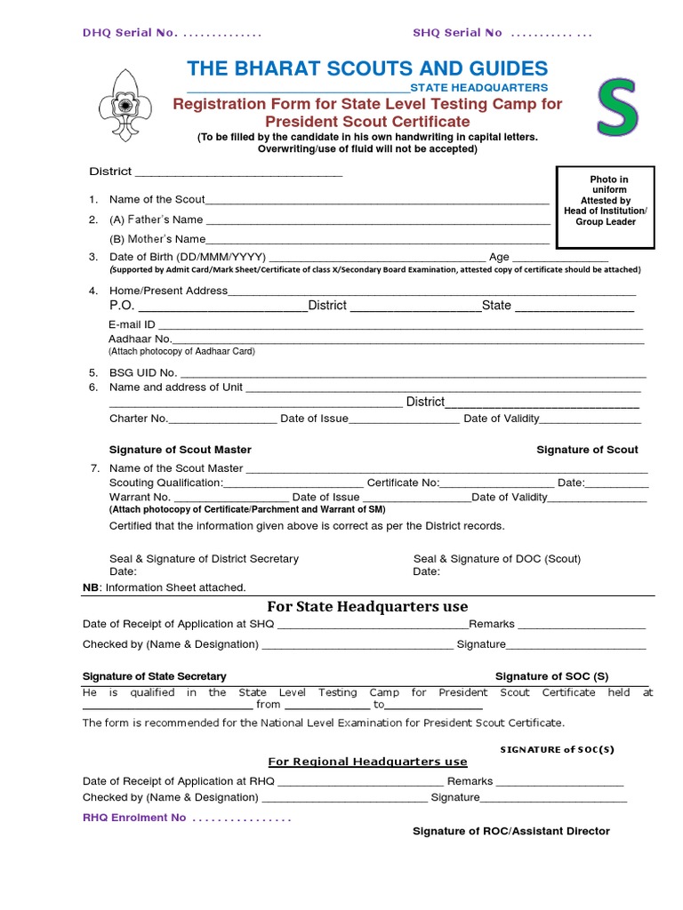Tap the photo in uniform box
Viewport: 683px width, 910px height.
click(x=605, y=206)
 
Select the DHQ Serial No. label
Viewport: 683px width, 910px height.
click(x=130, y=33)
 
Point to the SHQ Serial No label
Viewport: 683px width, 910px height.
click(x=457, y=33)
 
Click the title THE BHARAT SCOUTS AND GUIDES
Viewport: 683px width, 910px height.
click(x=367, y=68)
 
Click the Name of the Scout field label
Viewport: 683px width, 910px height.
click(x=157, y=199)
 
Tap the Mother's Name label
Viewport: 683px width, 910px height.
click(x=157, y=239)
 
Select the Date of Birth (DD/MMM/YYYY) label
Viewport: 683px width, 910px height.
click(x=188, y=257)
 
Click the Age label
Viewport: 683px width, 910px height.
click(x=499, y=257)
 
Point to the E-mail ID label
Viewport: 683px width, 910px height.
click(x=132, y=324)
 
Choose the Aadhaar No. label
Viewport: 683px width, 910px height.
click(x=140, y=339)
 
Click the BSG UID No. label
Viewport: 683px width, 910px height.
click(x=143, y=372)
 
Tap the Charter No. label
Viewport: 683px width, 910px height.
click(x=138, y=419)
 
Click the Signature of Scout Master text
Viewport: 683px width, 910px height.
click(x=180, y=450)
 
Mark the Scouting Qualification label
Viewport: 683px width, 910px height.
click(x=165, y=483)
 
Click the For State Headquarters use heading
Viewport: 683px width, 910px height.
click(x=368, y=607)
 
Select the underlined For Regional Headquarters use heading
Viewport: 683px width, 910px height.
click(x=367, y=762)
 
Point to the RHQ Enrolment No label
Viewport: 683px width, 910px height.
click(x=134, y=818)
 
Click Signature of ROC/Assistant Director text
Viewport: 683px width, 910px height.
click(x=510, y=831)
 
